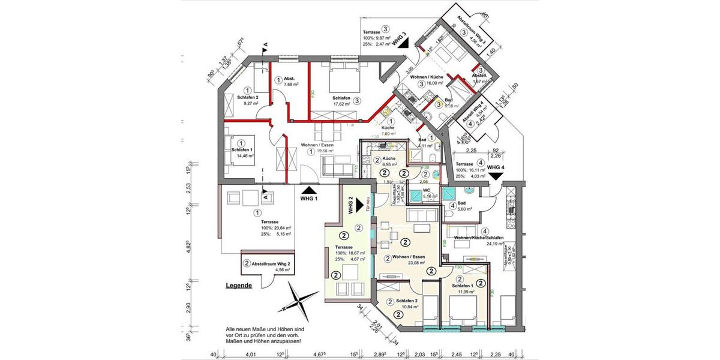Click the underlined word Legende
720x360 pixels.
pos(239,286)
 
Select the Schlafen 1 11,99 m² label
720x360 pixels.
pos(463,289)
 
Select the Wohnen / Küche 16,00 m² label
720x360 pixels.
pos(427,82)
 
